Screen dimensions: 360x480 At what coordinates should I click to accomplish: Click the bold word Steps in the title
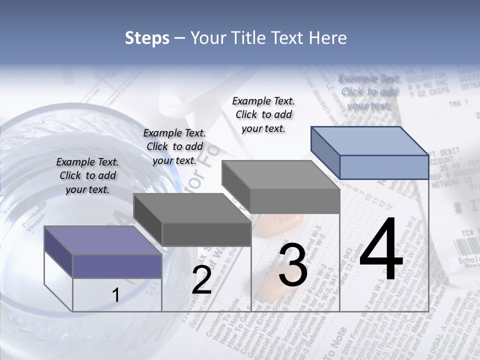pyautogui.click(x=147, y=38)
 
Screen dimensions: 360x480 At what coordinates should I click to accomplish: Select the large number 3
pyautogui.click(x=293, y=265)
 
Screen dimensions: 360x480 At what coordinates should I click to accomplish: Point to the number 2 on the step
pyautogui.click(x=201, y=280)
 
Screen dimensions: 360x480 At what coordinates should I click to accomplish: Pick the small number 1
pyautogui.click(x=115, y=295)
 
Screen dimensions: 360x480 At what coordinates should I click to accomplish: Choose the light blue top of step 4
pyautogui.click(x=370, y=141)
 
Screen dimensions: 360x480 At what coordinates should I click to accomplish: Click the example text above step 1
pyautogui.click(x=87, y=175)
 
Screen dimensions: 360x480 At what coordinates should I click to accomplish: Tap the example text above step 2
pyautogui.click(x=174, y=146)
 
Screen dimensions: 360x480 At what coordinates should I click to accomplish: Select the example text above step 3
pyautogui.click(x=263, y=114)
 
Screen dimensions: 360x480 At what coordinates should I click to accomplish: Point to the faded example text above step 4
pyautogui.click(x=369, y=92)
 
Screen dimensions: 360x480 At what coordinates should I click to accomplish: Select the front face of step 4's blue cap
pyautogui.click(x=384, y=167)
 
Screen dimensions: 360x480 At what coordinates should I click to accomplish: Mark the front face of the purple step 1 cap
pyautogui.click(x=117, y=266)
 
